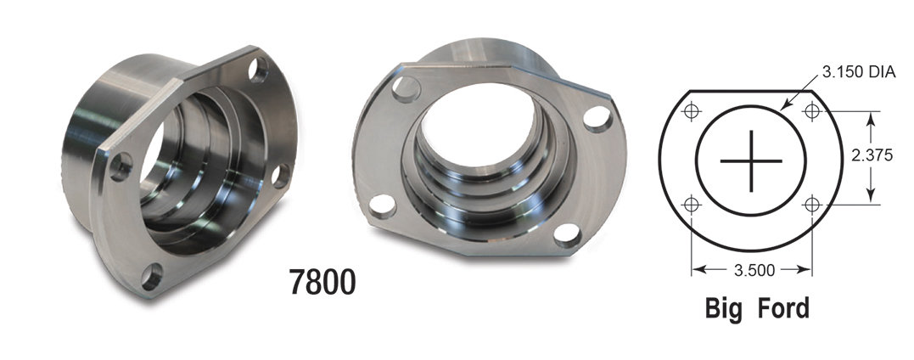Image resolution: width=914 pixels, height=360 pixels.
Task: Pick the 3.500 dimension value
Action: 752,269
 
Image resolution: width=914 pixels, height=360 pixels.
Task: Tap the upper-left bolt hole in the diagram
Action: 691,111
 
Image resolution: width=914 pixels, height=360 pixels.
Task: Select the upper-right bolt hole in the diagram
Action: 812,111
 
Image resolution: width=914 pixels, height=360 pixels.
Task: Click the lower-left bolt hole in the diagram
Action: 691,204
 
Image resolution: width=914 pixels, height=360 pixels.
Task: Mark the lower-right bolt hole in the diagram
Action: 812,204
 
